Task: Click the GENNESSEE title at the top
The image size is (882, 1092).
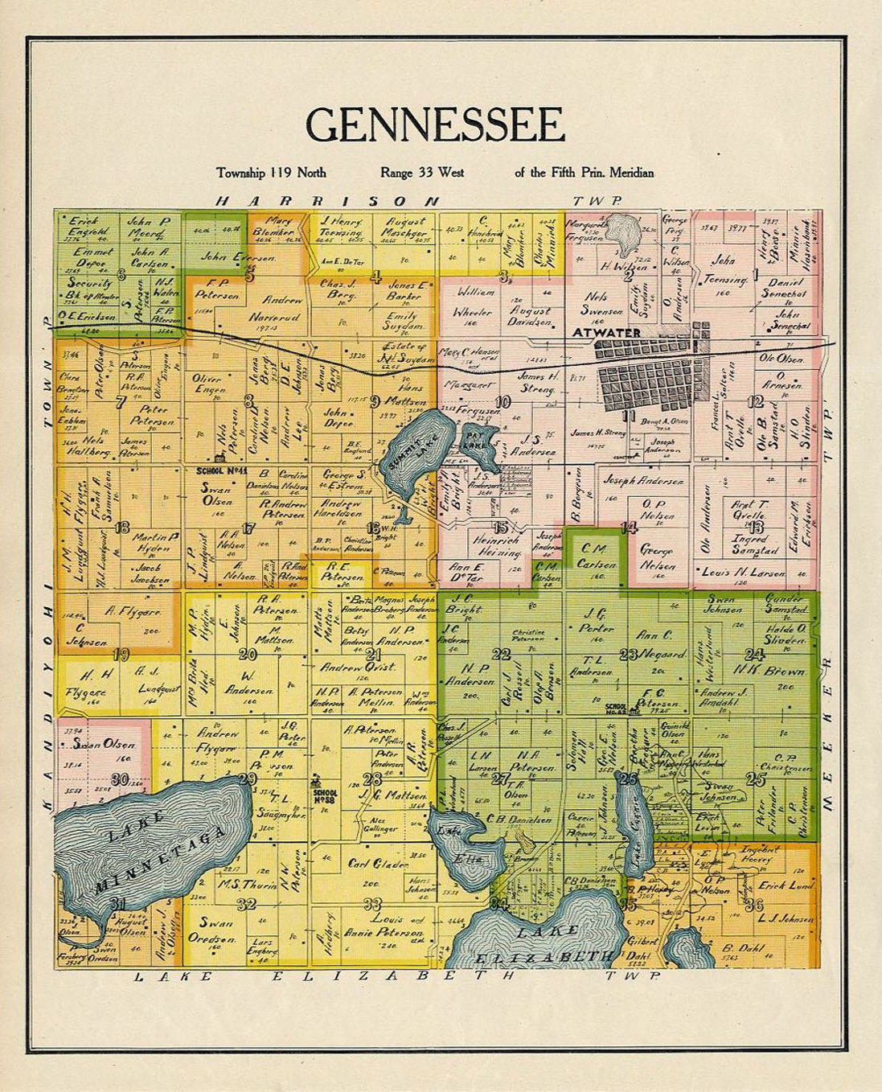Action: tap(434, 125)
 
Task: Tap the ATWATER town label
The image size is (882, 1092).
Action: tap(607, 333)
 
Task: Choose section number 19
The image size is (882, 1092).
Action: tap(121, 654)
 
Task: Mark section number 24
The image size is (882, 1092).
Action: tap(753, 654)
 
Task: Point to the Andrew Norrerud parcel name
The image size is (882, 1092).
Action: tap(282, 309)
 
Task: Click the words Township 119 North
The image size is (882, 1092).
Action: tap(271, 172)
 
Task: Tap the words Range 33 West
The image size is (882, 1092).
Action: tap(422, 172)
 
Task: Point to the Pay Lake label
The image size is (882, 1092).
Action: tap(473, 439)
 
